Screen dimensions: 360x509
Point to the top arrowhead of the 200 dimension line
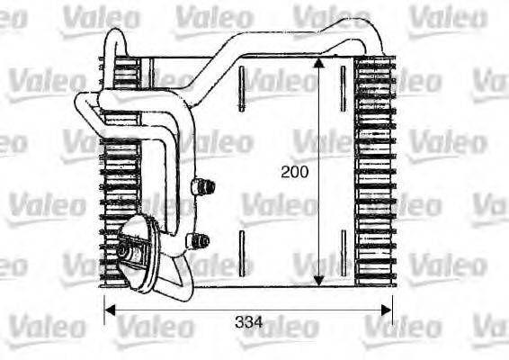(x=317, y=64)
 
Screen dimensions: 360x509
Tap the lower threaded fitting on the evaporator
(x=201, y=240)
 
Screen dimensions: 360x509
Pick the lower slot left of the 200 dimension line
(x=241, y=249)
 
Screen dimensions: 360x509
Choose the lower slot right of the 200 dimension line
(x=343, y=249)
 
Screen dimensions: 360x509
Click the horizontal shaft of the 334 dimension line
(x=180, y=311)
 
